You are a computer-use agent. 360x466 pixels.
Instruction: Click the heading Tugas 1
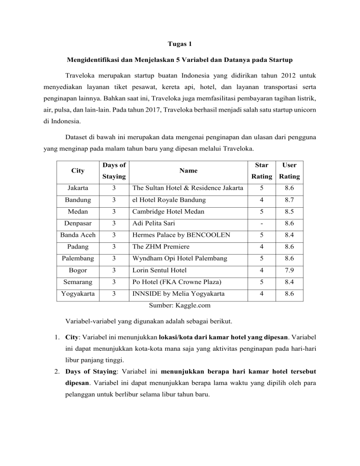(180, 44)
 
